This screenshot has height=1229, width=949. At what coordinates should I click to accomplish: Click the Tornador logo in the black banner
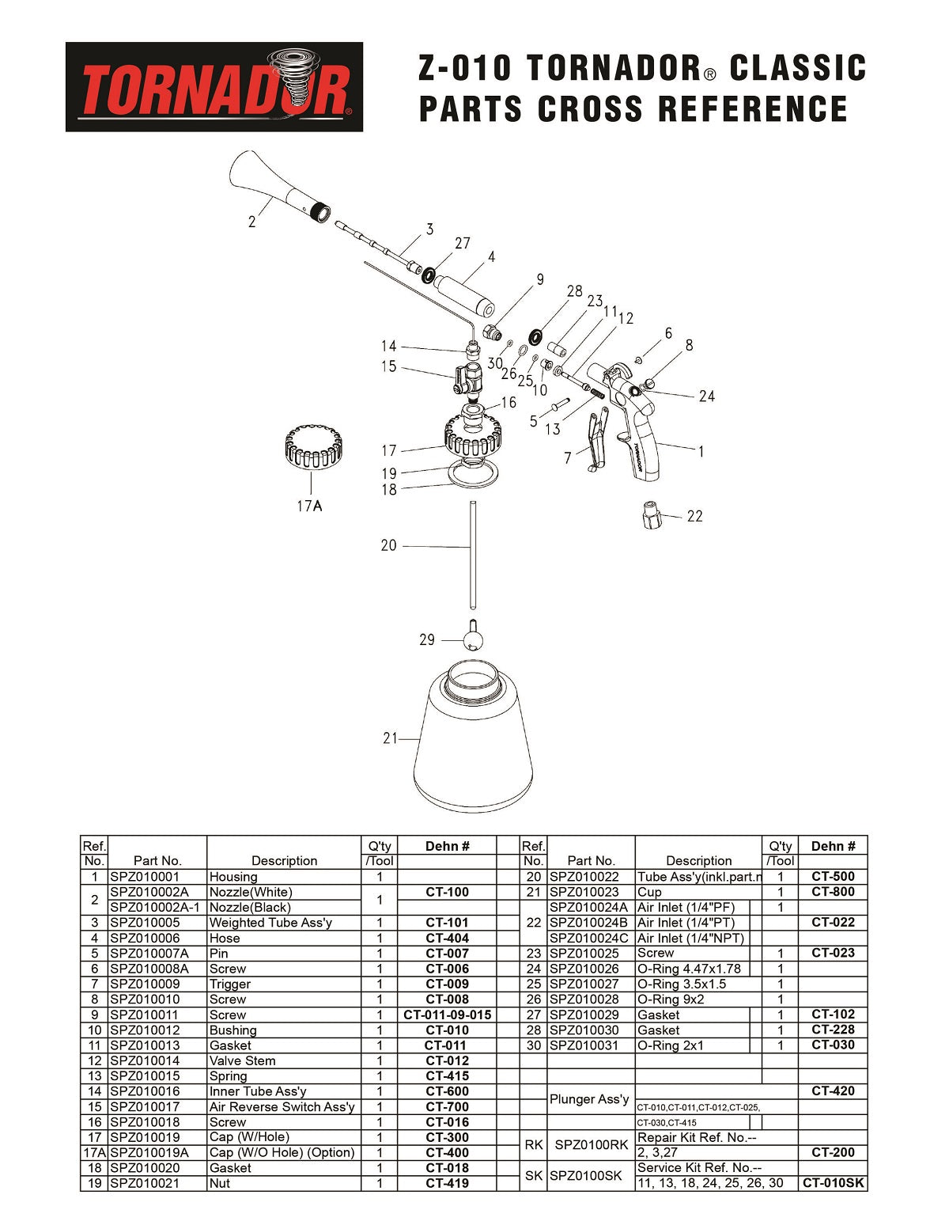(214, 87)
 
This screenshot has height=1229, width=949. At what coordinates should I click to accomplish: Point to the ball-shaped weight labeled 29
(473, 638)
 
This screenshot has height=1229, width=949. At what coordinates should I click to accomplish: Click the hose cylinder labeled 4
(465, 293)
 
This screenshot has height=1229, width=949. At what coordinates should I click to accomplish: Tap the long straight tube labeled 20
(471, 554)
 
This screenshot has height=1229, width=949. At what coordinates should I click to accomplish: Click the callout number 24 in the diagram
(706, 396)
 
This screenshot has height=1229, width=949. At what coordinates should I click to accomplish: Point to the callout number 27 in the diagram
(462, 243)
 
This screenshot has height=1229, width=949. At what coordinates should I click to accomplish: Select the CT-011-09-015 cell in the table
(447, 1015)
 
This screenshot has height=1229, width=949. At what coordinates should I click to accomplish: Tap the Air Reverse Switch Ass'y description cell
(282, 1106)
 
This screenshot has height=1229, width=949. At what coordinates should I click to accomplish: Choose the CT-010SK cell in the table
(834, 1183)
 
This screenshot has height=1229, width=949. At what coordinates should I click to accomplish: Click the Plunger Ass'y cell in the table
(589, 1099)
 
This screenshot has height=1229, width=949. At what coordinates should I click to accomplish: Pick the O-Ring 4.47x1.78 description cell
(689, 969)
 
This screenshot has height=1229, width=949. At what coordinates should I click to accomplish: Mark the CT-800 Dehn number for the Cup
(833, 892)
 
